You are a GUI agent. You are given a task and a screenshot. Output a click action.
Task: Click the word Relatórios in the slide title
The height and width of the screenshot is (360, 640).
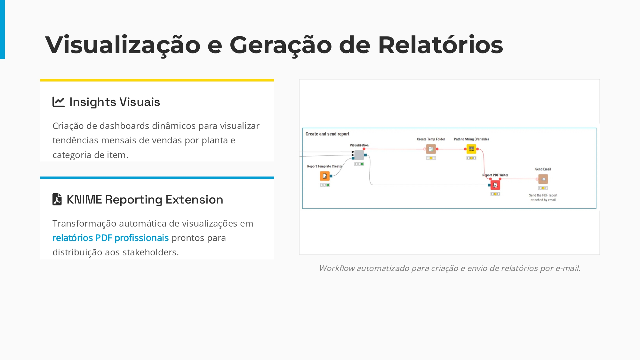pyautogui.click(x=440, y=45)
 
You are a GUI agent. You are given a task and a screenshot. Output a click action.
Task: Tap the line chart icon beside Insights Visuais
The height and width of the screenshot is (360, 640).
pyautogui.click(x=59, y=102)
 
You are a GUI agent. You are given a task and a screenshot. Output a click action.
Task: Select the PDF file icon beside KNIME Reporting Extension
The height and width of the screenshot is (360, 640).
pyautogui.click(x=57, y=199)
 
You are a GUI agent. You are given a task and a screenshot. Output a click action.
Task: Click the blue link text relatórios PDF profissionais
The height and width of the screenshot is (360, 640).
pyautogui.click(x=110, y=238)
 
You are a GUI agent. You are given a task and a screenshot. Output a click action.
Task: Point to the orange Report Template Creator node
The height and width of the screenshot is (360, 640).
pyautogui.click(x=324, y=176)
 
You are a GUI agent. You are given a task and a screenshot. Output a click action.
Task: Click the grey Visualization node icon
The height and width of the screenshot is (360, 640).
pyautogui.click(x=359, y=155)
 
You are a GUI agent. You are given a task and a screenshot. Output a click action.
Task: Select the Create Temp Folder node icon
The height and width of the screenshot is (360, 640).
pyautogui.click(x=431, y=149)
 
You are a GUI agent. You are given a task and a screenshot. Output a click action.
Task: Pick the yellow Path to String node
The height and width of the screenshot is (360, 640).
pyautogui.click(x=471, y=149)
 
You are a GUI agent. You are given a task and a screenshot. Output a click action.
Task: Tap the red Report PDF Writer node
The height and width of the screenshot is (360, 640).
pyautogui.click(x=495, y=185)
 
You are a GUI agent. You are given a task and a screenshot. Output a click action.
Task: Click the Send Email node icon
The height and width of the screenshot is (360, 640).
pyautogui.click(x=543, y=179)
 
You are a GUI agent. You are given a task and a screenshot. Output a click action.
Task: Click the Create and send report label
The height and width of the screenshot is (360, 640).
pyautogui.click(x=327, y=134)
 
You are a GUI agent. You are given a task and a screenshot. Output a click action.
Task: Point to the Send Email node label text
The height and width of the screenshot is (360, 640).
pyautogui.click(x=543, y=169)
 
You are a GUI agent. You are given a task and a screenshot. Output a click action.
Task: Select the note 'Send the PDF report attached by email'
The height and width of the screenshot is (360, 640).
pyautogui.click(x=543, y=197)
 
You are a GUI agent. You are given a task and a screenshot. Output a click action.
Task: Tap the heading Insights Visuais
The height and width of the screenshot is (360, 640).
pyautogui.click(x=115, y=102)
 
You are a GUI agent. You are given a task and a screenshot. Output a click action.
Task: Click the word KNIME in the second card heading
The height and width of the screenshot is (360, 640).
pyautogui.click(x=84, y=200)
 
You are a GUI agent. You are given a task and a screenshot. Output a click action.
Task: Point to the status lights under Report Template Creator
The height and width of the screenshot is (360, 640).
pyautogui.click(x=324, y=185)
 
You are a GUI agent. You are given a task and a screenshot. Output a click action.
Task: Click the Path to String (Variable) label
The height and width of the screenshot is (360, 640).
pyautogui.click(x=471, y=139)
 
